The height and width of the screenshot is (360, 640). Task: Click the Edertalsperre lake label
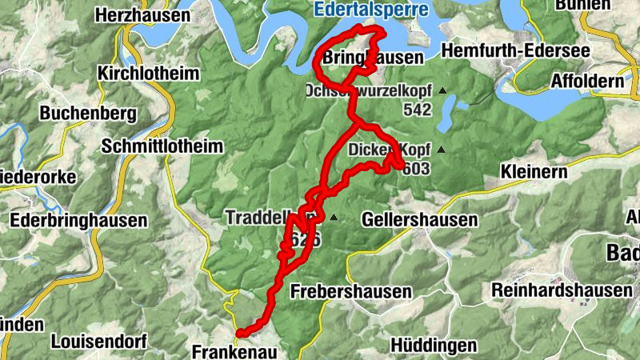(x=370, y=10)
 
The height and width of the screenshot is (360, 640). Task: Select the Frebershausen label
(x=351, y=290)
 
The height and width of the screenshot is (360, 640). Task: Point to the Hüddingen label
(x=434, y=346)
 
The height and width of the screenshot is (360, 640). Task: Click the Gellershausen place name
(x=420, y=219)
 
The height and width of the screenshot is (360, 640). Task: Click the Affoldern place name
(x=590, y=82)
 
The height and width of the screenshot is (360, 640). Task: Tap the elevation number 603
(x=417, y=169)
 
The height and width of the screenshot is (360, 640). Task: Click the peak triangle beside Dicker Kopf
(x=439, y=150)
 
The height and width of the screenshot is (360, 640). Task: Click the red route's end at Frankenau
(x=240, y=332)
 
